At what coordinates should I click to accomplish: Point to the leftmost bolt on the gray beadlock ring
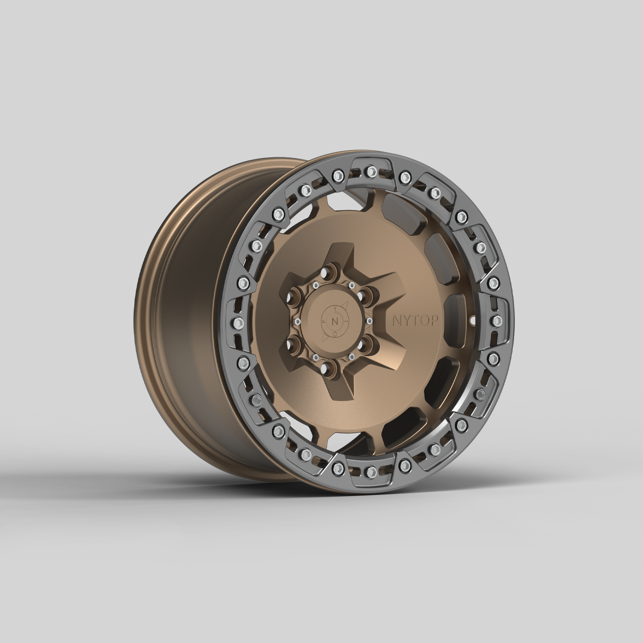point(236,322)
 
